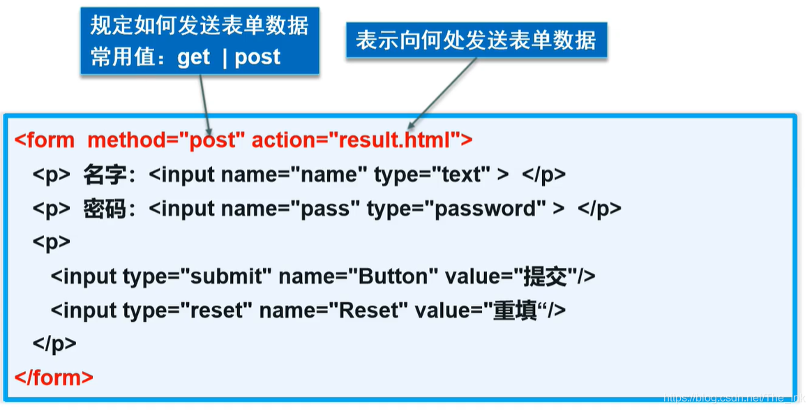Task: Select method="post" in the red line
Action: click(x=166, y=140)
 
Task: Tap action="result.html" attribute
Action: click(x=353, y=140)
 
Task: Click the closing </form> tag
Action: click(x=54, y=378)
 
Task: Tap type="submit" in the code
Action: click(x=197, y=276)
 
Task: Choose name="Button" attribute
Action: click(x=358, y=276)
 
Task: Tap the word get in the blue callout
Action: click(x=193, y=57)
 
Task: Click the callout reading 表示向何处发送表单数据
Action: click(x=476, y=40)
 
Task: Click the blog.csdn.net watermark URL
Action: click(x=732, y=398)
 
